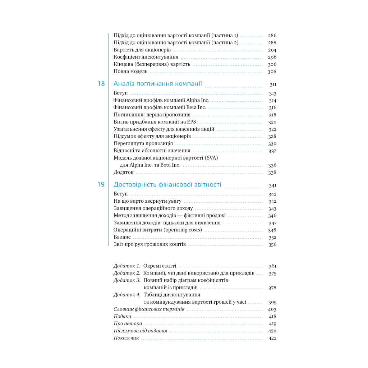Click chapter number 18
click(101, 84)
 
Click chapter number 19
click(101, 185)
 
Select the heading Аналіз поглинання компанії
click(158, 84)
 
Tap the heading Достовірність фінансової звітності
click(167, 185)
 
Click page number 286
click(272, 36)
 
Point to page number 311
click(273, 85)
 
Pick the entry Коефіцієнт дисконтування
click(146, 57)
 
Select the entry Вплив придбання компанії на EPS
click(152, 122)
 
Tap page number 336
click(272, 165)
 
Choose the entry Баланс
click(122, 237)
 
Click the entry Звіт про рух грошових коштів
click(149, 244)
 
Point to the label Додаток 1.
click(127, 266)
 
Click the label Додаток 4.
click(127, 295)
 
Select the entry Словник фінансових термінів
click(149, 309)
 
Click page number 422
click(272, 338)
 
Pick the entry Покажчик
click(126, 338)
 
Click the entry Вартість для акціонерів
click(142, 50)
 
